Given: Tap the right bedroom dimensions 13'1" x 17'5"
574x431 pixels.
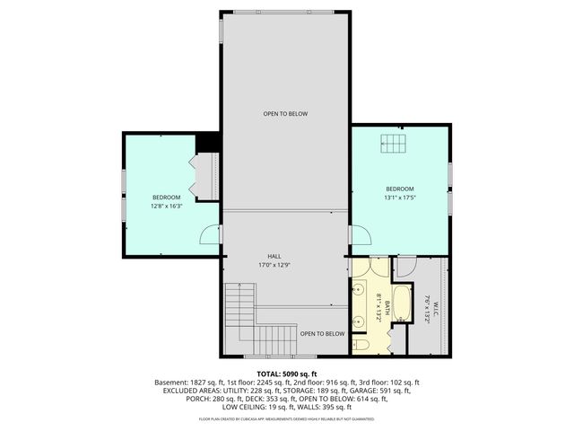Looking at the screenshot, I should point(400,198).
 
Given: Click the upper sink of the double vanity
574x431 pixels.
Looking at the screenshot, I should point(358,290).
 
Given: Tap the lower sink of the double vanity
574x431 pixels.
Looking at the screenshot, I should point(358,317).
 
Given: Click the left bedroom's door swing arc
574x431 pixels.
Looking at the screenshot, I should point(208,235).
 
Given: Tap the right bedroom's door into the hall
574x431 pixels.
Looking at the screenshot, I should point(359,235).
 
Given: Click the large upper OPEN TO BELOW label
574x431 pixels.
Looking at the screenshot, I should point(285,114).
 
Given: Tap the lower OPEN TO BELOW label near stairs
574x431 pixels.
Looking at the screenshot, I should point(322,333).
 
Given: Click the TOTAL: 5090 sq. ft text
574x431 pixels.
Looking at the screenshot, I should point(287,374).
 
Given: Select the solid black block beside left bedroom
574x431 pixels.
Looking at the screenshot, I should point(208,142).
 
